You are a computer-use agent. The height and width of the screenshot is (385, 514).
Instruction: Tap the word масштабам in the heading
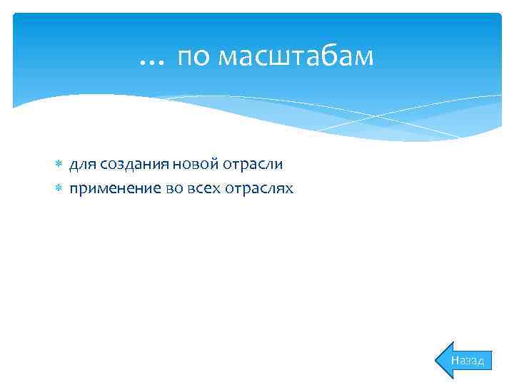coord(295,57)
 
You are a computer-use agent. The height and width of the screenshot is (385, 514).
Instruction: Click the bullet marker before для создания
coord(60,165)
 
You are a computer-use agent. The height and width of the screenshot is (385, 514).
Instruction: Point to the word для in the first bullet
coord(83,165)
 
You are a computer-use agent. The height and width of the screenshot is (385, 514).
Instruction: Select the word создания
coord(134,165)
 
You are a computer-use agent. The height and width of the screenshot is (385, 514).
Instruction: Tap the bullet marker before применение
coord(60,189)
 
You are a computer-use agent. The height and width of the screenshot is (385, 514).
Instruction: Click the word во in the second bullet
coord(174,189)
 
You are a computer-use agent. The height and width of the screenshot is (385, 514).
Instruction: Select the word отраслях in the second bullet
coord(260,189)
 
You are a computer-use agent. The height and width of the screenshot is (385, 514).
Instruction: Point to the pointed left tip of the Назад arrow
coord(438,360)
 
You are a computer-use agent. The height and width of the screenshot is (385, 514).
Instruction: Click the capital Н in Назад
coord(455,361)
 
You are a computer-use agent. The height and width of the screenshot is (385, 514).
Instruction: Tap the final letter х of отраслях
coord(289,189)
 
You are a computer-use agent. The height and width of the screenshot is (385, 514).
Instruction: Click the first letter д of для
coord(73,165)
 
